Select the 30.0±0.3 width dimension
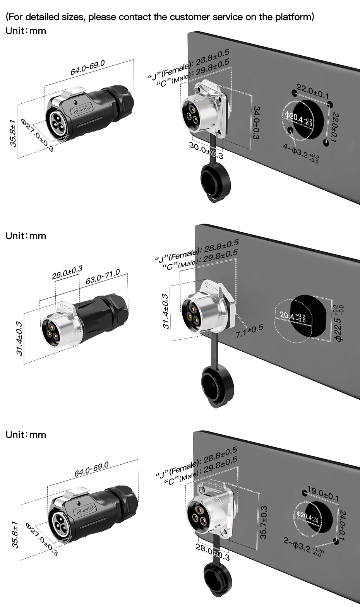coord(206,151)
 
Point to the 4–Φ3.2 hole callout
coord(301,151)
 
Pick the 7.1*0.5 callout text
coord(249,329)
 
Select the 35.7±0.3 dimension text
coord(264,522)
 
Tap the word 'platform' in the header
coord(293,17)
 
